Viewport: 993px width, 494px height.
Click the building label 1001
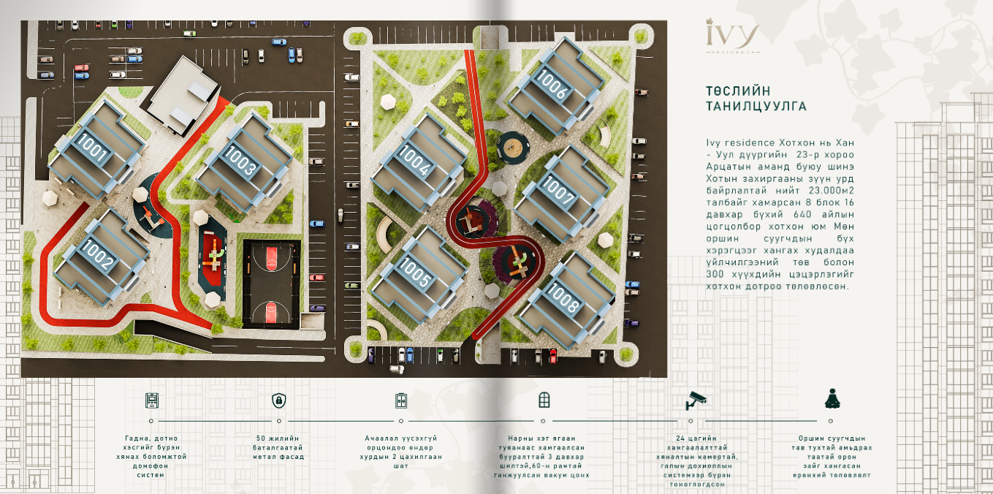point(93,148)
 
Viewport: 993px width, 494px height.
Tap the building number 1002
point(97,254)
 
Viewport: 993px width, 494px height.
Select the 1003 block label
point(240,160)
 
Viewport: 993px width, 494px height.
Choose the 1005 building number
point(415,271)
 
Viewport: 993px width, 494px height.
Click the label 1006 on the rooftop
point(551,83)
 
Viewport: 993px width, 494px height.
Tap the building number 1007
point(558,190)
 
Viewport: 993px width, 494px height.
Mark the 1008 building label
point(563,297)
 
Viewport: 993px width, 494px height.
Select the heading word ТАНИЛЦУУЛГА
point(756,107)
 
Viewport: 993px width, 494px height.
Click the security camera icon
point(696,400)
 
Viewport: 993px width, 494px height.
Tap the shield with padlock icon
point(279,400)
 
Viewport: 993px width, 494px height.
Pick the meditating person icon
point(832,399)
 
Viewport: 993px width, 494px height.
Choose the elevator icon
point(400,400)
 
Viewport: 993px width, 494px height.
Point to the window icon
point(544,400)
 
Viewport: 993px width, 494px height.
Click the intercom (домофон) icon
point(152,400)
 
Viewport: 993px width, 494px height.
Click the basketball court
point(271,284)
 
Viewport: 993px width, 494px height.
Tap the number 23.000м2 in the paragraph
point(832,191)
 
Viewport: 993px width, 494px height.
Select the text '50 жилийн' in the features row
point(278,438)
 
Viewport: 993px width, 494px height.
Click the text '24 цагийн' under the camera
point(696,438)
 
